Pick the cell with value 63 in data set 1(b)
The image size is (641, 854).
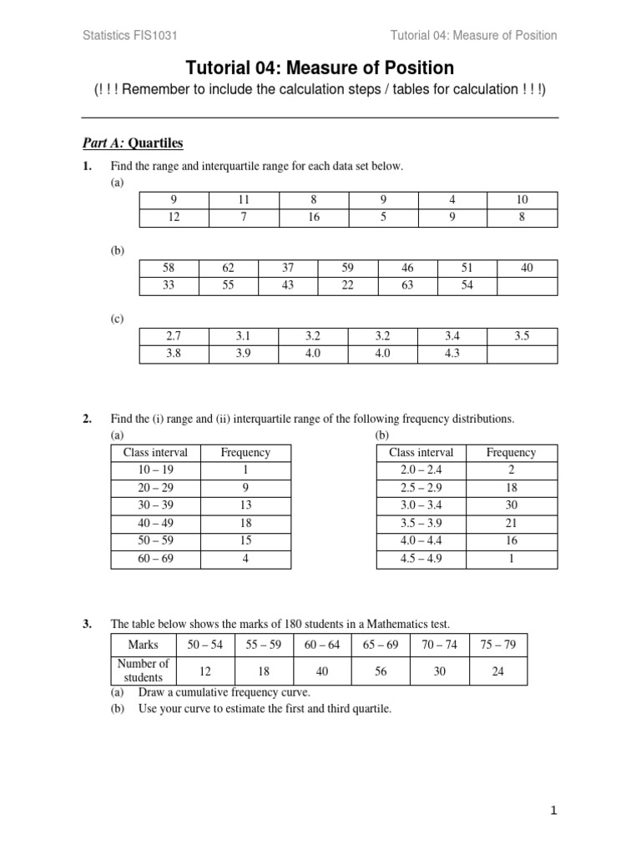click(x=407, y=286)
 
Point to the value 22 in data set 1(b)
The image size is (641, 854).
click(x=348, y=286)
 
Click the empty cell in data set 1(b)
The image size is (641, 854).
click(x=527, y=286)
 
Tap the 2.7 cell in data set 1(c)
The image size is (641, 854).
click(x=174, y=336)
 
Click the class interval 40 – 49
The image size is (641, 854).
click(x=155, y=523)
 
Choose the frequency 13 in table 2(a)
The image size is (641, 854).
click(x=245, y=505)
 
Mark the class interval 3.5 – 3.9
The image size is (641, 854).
click(x=421, y=523)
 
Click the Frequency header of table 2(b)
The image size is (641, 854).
click(x=511, y=452)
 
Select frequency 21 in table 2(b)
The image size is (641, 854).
click(x=511, y=523)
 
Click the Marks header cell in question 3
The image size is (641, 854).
click(x=144, y=646)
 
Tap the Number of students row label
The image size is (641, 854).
click(x=144, y=671)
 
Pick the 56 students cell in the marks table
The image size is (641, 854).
click(x=381, y=671)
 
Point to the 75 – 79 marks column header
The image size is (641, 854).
click(x=498, y=646)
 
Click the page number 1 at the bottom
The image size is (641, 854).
click(x=553, y=810)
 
